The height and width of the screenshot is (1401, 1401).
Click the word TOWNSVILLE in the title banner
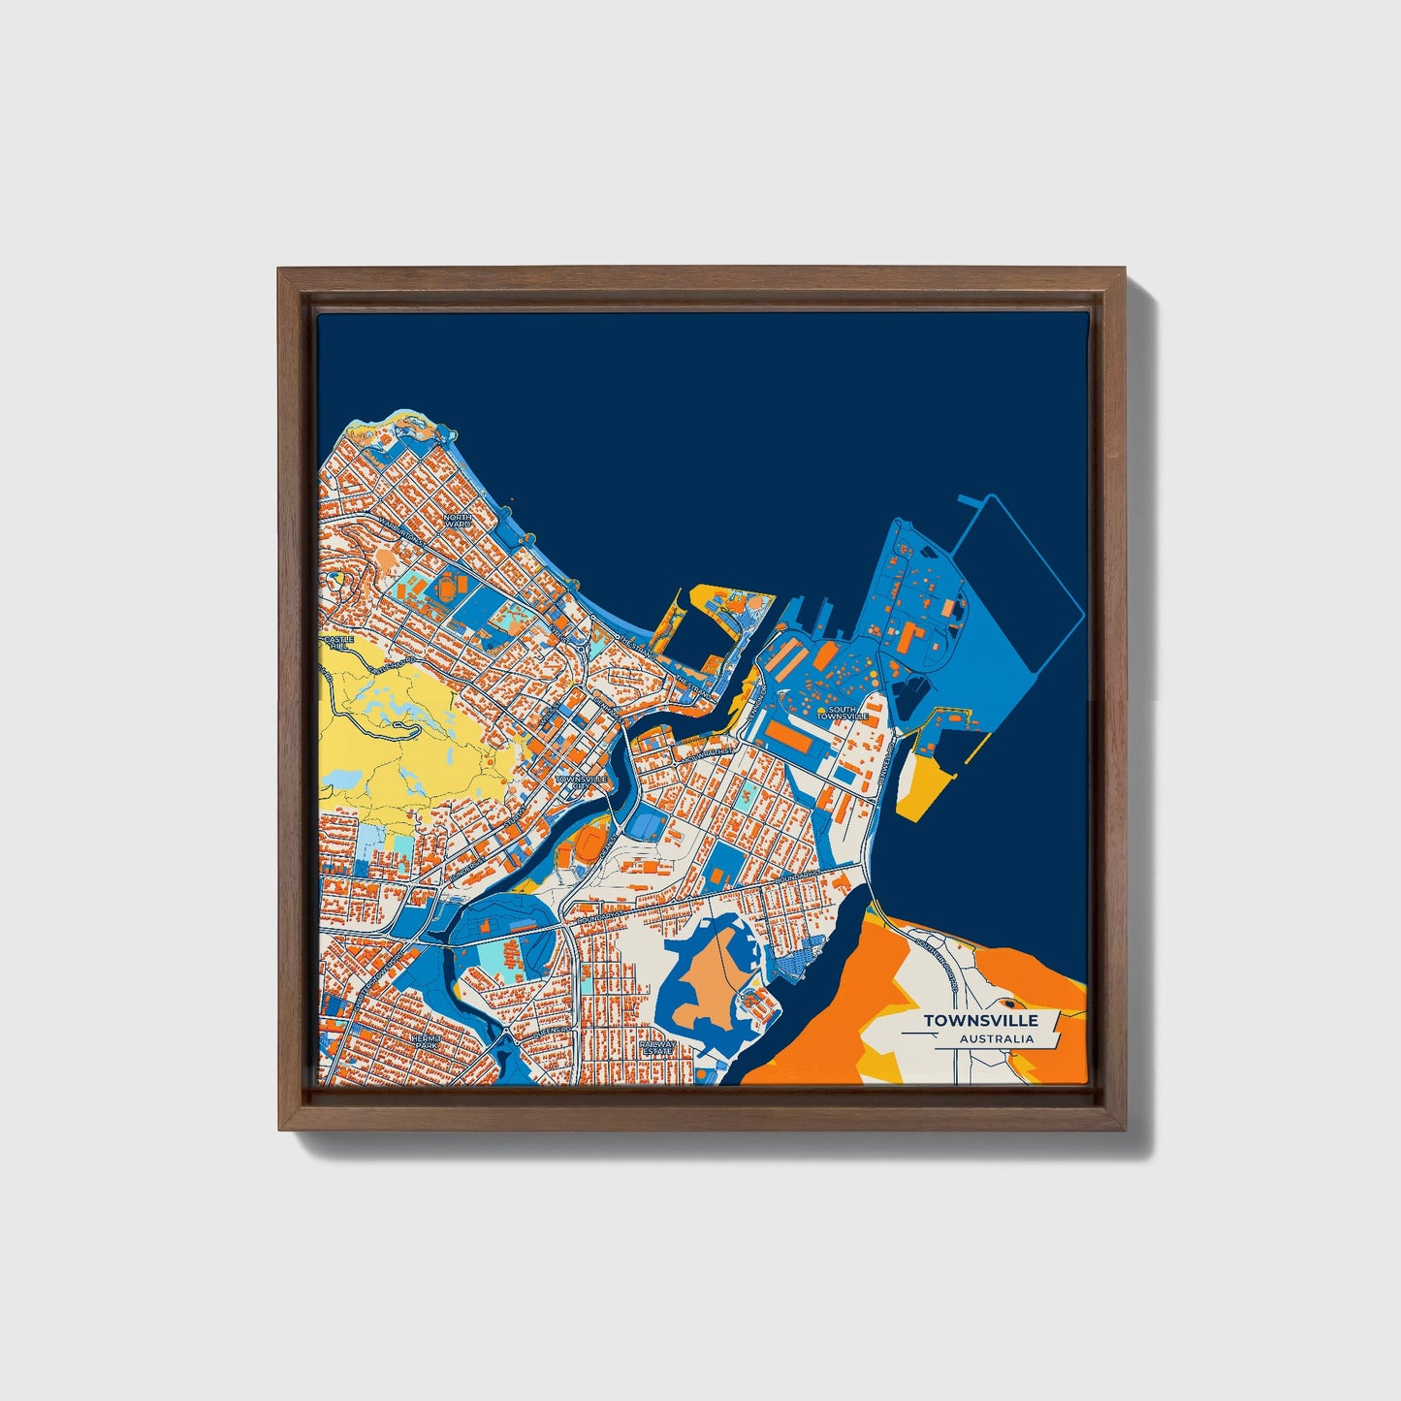point(980,1020)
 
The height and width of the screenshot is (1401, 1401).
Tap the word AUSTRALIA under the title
point(997,1039)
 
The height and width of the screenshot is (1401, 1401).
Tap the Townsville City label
point(582,781)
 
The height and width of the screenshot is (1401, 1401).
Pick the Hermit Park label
point(426,1040)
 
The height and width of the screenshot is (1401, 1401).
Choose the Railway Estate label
point(657,1048)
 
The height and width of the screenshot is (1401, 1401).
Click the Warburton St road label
point(399,528)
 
